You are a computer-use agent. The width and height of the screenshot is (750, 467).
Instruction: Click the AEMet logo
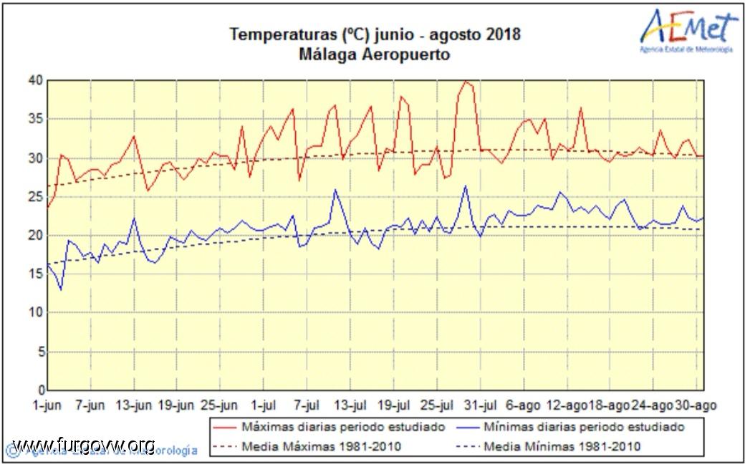(x=688, y=29)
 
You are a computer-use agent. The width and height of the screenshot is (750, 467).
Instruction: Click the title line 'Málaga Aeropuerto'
(x=375, y=54)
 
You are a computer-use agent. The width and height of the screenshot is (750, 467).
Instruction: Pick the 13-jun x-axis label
(x=135, y=405)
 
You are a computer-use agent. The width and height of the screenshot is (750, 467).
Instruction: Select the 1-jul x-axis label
(x=265, y=405)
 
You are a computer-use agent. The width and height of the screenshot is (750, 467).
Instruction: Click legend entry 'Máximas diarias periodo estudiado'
(x=343, y=427)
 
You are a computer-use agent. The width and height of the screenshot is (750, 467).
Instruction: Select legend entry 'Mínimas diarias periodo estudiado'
(x=583, y=427)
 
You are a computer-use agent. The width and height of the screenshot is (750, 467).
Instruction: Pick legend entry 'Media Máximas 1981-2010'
(x=322, y=447)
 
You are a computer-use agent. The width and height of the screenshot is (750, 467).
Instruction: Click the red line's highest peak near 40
(x=466, y=82)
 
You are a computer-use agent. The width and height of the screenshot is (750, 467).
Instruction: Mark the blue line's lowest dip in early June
(x=61, y=289)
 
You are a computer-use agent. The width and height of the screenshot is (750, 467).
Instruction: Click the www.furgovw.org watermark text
(x=85, y=444)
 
